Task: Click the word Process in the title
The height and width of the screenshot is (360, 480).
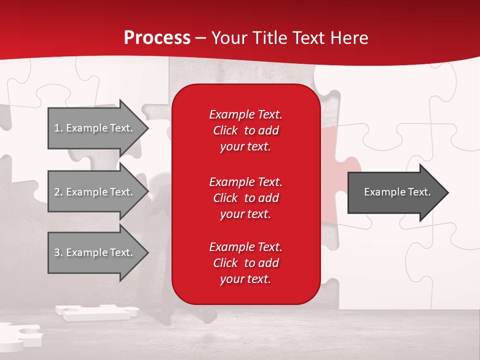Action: coord(157,38)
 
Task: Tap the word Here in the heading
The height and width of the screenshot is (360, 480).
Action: coord(349,38)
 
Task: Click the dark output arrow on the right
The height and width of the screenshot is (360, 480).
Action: coord(395,192)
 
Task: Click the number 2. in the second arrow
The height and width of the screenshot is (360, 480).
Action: coord(58,192)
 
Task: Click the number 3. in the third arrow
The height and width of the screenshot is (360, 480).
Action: coord(58,252)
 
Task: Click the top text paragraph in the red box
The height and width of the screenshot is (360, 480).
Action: coord(245,130)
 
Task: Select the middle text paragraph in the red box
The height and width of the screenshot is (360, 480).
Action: coord(245,197)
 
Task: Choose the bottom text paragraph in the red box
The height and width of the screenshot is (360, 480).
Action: coord(245,263)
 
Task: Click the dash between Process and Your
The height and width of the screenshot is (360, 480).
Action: coord(201,38)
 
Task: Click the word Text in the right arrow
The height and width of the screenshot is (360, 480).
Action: coord(418,192)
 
